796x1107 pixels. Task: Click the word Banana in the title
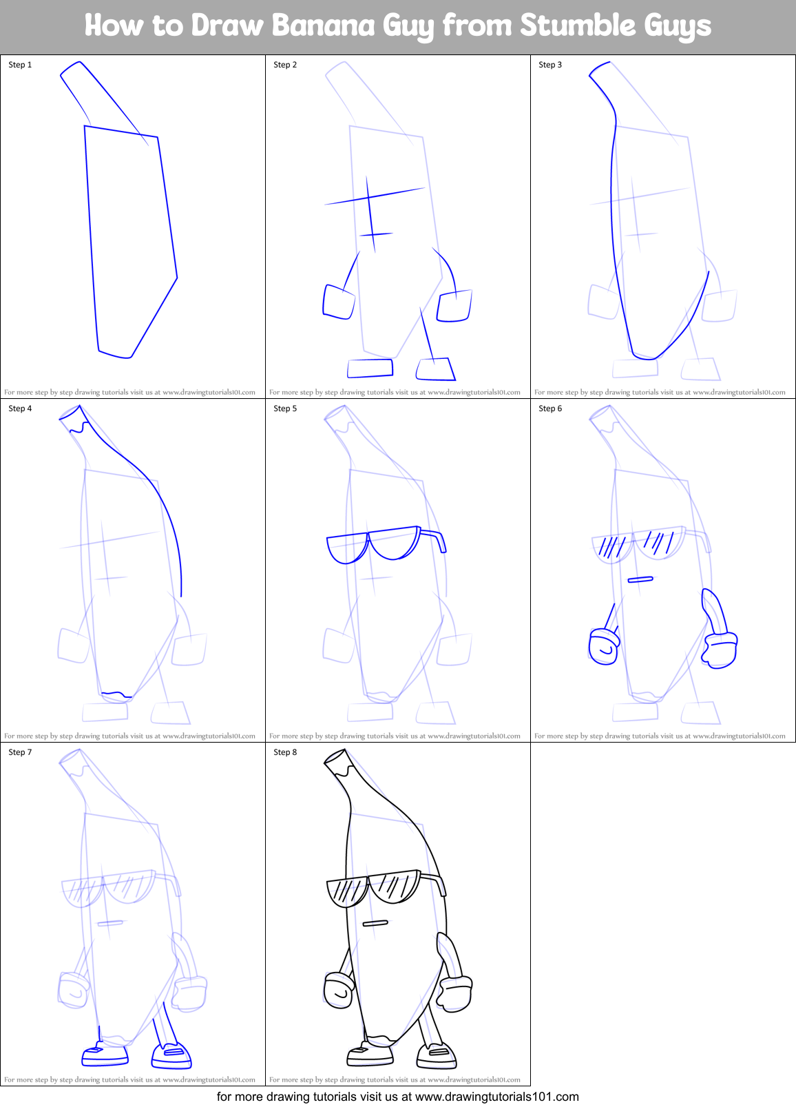tap(323, 26)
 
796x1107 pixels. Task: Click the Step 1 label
tap(20, 65)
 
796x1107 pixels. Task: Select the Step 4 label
tap(20, 408)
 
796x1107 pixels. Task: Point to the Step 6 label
tap(550, 408)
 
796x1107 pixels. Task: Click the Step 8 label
tap(285, 752)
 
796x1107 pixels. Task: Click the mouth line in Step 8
tap(375, 923)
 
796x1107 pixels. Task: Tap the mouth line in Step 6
tap(640, 579)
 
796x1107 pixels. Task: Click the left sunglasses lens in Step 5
tap(348, 548)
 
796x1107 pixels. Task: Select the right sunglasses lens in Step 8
tap(395, 887)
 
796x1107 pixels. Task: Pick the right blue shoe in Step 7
tap(171, 1054)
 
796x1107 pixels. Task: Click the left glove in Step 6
tap(604, 647)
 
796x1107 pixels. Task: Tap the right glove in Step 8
tap(454, 993)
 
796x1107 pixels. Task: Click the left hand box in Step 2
tap(338, 302)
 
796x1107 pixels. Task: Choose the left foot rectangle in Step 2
tap(370, 368)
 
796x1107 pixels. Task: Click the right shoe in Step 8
tap(437, 1054)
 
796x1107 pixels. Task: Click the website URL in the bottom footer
tap(496, 1097)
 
